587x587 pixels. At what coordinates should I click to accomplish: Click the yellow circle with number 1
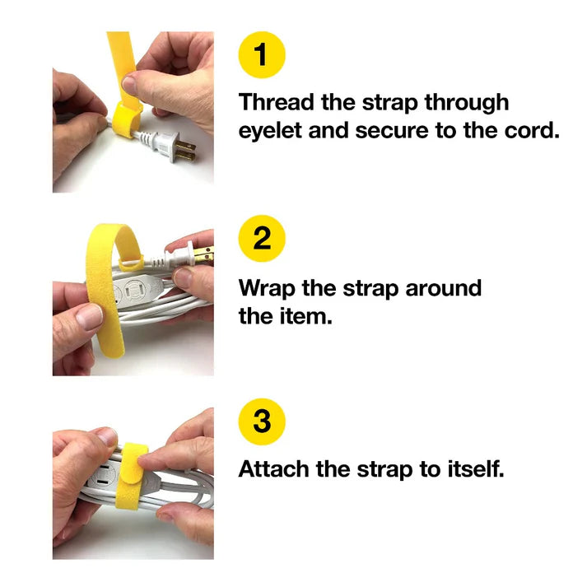[261, 55]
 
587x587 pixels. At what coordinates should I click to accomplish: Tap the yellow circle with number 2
[261, 239]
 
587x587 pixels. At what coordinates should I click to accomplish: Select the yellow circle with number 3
[261, 422]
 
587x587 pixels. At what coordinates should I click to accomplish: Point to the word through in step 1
[467, 103]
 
